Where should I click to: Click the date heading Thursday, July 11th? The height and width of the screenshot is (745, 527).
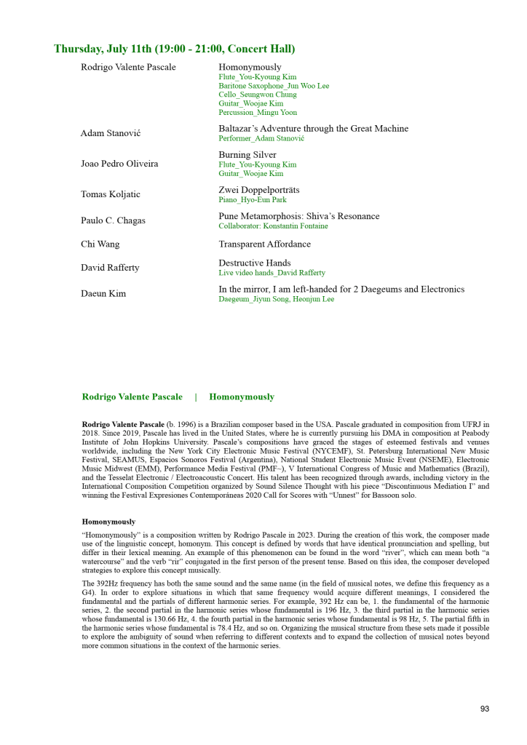[x=175, y=49]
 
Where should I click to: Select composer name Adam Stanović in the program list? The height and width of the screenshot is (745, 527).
[x=111, y=133]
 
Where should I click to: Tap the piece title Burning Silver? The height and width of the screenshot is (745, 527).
[x=247, y=155]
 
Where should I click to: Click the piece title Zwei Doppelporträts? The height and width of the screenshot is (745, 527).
[x=259, y=190]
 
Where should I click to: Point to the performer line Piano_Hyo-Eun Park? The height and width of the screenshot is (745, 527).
[x=253, y=200]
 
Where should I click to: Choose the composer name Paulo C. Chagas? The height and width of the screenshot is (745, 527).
[x=113, y=220]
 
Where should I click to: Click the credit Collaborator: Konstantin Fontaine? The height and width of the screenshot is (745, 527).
[x=273, y=226]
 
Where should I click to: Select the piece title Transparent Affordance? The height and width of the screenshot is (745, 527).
[x=264, y=244]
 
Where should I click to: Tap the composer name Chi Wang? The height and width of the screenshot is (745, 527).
[x=100, y=244]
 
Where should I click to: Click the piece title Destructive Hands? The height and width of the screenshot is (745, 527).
[x=255, y=263]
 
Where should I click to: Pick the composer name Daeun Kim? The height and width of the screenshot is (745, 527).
[x=103, y=294]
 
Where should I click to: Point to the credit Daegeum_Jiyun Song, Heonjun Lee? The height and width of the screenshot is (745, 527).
[x=277, y=299]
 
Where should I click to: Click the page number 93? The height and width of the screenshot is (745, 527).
[x=485, y=709]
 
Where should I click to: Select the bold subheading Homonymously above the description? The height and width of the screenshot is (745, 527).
[x=108, y=522]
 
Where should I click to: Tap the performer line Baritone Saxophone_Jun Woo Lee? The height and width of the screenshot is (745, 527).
[x=274, y=86]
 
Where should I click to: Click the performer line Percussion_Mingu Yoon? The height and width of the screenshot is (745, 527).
[x=258, y=113]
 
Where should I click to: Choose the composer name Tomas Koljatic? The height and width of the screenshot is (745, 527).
[x=111, y=194]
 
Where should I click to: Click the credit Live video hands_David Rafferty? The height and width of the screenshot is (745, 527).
[x=272, y=273]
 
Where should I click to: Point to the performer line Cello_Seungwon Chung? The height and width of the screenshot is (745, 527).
[x=258, y=95]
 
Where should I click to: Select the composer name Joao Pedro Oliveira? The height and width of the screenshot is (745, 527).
[x=119, y=164]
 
